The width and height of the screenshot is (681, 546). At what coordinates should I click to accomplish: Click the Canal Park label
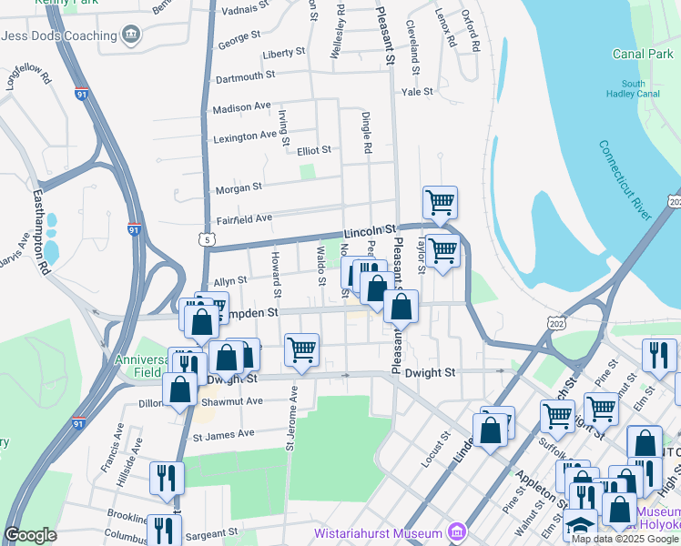point(643,55)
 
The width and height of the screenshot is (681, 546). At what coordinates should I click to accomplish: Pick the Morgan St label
point(239,187)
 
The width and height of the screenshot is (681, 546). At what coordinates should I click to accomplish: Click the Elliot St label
point(313,150)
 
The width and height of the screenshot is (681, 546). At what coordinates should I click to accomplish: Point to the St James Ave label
point(222,434)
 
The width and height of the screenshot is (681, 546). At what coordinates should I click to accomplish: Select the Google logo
point(31,535)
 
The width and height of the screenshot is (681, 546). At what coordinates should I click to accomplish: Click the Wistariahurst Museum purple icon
point(457,532)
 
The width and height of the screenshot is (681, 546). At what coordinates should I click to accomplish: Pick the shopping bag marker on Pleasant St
point(401,308)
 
